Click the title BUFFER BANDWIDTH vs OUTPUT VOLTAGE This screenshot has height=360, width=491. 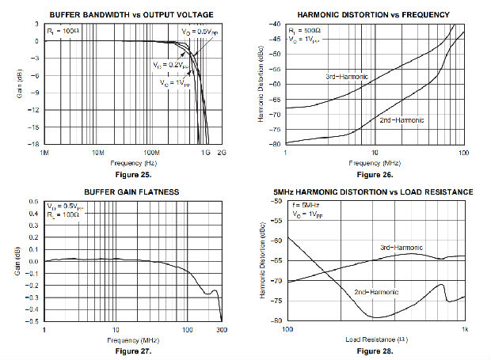131,14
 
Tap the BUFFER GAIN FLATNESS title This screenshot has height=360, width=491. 132,191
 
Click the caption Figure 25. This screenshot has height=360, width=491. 133,172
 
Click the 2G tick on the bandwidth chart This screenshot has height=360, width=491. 222,150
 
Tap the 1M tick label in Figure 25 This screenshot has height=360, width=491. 45,150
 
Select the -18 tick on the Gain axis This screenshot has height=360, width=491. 34,144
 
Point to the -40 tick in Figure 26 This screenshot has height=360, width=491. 275,24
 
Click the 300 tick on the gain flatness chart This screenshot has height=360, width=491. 221,328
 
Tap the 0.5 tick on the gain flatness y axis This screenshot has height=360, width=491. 36,202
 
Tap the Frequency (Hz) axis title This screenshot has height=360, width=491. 133,161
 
